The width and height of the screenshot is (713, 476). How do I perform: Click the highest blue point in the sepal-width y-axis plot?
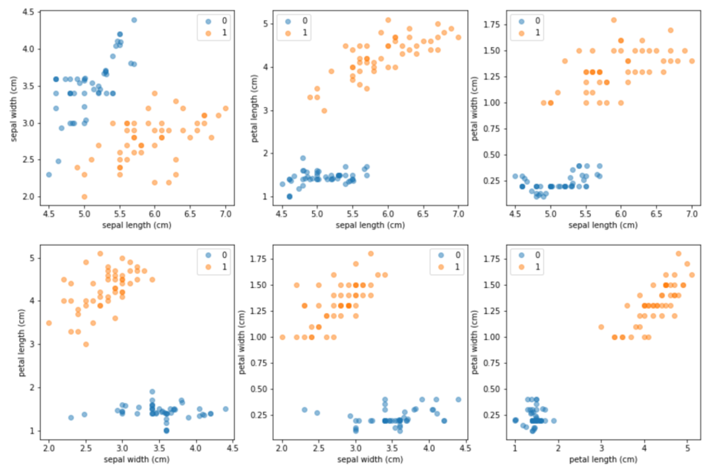[134, 20]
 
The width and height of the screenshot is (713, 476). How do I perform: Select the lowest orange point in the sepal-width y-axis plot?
[85, 197]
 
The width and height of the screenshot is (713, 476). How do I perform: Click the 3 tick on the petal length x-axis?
[601, 448]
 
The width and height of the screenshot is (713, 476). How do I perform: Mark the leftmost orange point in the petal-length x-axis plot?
[601, 327]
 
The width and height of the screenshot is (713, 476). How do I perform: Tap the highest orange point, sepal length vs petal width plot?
[614, 20]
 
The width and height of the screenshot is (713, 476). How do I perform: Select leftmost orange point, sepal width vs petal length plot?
[49, 323]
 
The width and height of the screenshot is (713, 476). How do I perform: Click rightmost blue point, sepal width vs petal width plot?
[458, 399]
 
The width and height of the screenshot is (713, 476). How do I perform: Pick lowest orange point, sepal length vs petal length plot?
[324, 110]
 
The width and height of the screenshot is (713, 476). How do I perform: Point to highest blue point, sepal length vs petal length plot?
[303, 158]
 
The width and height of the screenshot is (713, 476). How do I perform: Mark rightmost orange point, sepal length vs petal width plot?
[692, 61]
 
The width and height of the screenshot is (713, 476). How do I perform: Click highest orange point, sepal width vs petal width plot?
[371, 254]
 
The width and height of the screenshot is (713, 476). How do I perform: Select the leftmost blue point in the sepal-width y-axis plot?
[49, 174]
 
